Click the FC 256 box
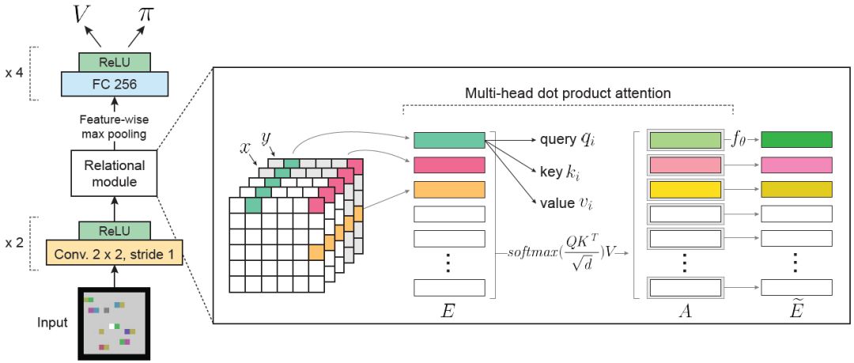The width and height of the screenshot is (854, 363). point(115,83)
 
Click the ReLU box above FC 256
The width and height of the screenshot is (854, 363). point(115,61)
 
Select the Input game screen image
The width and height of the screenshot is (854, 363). point(115,322)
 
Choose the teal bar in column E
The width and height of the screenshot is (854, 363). point(448,140)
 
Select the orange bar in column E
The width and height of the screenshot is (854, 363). point(448,189)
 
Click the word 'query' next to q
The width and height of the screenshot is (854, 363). point(557,140)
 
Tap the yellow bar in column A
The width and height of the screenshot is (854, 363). point(684,189)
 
